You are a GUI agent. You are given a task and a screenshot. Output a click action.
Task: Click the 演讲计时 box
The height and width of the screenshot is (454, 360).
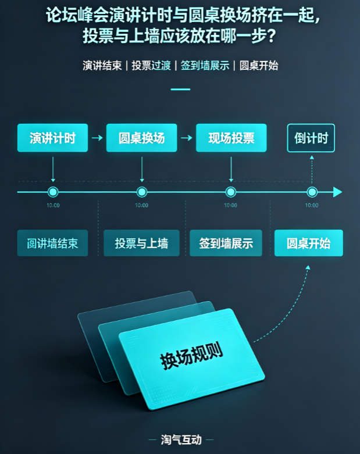click(52, 138)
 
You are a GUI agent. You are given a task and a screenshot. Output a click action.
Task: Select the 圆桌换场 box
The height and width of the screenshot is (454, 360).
click(142, 138)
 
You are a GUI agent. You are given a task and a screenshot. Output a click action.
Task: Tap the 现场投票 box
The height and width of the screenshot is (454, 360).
click(231, 138)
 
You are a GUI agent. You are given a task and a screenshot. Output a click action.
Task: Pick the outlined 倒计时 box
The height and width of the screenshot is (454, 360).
click(311, 138)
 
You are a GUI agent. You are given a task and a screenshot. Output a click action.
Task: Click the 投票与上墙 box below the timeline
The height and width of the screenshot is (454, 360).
click(142, 243)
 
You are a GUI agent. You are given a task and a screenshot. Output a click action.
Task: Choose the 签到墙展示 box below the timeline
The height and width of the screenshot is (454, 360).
click(226, 243)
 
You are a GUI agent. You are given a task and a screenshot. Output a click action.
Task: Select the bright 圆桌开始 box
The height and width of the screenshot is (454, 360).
click(309, 243)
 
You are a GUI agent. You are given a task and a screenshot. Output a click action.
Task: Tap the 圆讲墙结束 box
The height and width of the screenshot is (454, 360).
click(52, 243)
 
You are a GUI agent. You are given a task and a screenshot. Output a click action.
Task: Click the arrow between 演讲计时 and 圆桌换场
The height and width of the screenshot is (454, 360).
click(97, 138)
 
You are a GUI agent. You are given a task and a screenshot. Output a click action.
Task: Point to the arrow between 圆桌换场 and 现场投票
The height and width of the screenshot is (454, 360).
click(187, 138)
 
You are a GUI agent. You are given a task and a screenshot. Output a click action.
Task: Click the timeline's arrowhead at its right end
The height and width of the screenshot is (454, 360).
click(338, 192)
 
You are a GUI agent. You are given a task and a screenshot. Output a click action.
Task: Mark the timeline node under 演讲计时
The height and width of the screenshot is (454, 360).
click(53, 192)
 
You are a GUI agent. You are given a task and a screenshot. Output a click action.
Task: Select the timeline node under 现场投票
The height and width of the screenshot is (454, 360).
click(231, 192)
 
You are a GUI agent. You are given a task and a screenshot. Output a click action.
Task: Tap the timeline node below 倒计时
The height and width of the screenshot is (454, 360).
click(312, 192)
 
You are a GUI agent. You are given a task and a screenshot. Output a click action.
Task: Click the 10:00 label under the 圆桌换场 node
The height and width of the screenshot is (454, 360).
click(142, 205)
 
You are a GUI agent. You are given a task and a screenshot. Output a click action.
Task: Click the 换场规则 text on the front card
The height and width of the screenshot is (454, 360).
click(191, 356)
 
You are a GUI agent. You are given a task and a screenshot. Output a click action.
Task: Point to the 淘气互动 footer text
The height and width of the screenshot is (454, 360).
click(181, 439)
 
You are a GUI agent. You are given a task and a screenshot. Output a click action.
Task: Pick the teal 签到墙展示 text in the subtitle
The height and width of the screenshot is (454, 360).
click(205, 66)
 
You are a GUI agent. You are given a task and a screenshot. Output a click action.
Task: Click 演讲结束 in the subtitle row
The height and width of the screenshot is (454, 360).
click(102, 66)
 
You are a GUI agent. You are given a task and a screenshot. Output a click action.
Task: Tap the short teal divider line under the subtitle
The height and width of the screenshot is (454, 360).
click(180, 89)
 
